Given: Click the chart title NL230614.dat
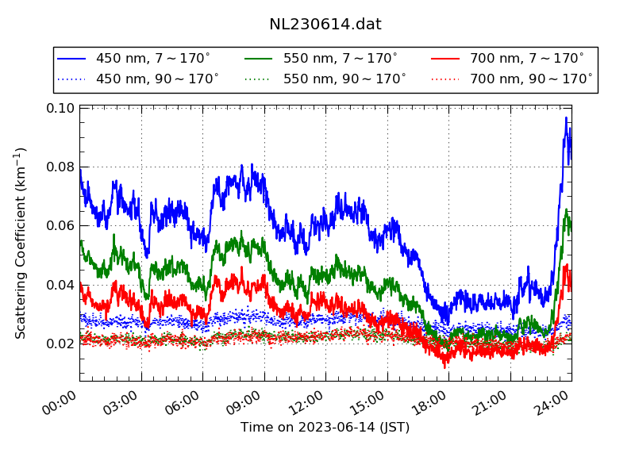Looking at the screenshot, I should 325,24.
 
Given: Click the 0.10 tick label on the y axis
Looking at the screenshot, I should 60,108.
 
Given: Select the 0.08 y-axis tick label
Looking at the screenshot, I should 60,167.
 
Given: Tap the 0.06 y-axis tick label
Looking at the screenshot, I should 60,225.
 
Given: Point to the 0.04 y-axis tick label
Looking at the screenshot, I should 60,285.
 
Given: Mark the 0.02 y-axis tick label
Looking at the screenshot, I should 60,344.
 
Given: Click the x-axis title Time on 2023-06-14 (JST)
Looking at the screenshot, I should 325,428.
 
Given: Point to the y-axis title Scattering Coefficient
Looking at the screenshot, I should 21,243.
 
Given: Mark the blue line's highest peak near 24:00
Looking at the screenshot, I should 566,118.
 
